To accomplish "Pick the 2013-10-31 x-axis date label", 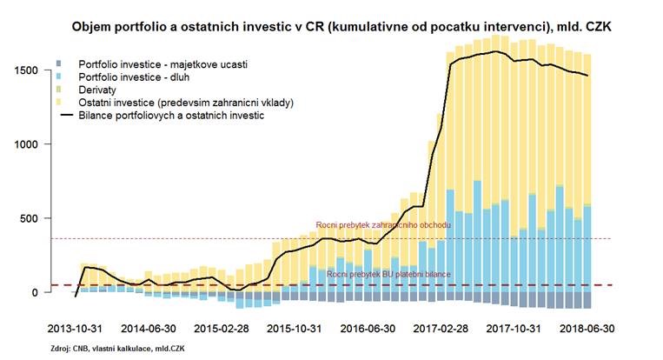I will pyautogui.click(x=75, y=330).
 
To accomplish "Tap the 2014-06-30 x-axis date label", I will pyautogui.click(x=149, y=330).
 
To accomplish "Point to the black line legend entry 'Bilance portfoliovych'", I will pyautogui.click(x=170, y=114).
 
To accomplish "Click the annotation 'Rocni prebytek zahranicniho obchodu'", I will pyautogui.click(x=383, y=226).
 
